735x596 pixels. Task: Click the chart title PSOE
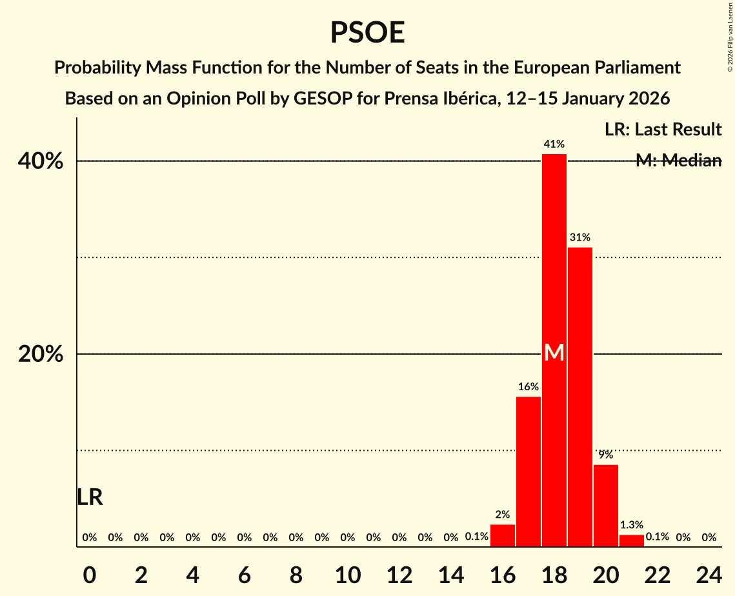coord(367,32)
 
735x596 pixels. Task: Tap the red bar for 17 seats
coord(529,472)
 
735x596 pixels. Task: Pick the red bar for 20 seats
coord(606,506)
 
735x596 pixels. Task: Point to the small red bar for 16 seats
coord(503,536)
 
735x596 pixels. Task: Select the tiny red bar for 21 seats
coord(632,541)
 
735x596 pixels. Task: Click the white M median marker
coord(554,353)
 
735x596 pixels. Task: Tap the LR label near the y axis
coord(90,497)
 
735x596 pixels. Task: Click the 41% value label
coord(554,144)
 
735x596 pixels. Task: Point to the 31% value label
coord(580,237)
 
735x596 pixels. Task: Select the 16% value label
coord(529,387)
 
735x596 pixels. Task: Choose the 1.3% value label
coord(632,525)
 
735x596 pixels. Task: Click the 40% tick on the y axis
coord(41,161)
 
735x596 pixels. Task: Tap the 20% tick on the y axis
coord(41,354)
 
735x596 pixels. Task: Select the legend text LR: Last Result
coord(663,130)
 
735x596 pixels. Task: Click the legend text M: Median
coord(678,161)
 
